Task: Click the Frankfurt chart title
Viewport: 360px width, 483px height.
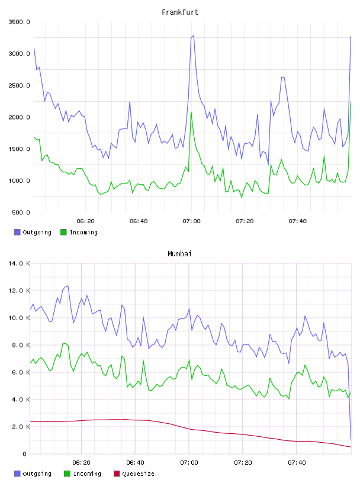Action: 180,12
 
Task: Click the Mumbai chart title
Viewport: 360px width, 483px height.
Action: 179,253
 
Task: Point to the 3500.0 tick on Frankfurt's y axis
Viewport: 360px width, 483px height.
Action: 19,22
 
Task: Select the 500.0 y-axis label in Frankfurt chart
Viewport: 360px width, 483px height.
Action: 21,212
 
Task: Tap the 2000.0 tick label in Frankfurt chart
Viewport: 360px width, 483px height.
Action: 19,117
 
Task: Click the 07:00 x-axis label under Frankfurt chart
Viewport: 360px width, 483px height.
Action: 191,221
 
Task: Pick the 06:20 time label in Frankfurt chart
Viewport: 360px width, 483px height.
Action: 85,221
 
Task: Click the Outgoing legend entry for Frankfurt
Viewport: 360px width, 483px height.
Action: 33,232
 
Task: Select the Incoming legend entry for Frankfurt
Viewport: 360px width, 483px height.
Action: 79,232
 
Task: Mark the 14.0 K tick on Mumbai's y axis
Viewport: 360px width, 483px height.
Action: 19,263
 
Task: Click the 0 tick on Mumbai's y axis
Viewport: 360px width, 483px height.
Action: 24,454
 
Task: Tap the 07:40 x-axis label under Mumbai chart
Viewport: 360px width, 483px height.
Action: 297,462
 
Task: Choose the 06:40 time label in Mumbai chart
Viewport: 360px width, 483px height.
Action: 136,462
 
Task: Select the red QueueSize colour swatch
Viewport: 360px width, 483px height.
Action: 117,474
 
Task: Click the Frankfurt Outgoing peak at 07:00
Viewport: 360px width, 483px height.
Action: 193,36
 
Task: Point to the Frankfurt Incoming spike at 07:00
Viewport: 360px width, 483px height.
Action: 191,112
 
